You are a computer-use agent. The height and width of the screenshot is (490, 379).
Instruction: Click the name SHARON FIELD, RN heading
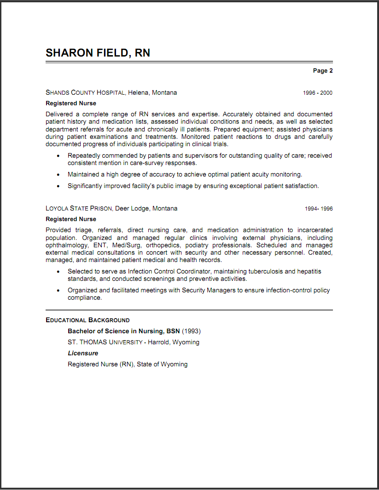[x=98, y=53]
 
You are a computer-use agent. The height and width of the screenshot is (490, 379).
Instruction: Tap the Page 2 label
[x=322, y=71]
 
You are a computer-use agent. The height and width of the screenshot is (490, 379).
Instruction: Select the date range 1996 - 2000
[x=317, y=93]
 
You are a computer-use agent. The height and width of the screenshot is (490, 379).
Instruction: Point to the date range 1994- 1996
[x=318, y=209]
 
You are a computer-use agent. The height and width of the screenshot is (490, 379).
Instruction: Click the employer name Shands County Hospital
[x=85, y=93]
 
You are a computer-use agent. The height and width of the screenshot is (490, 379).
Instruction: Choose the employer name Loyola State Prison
[x=79, y=209]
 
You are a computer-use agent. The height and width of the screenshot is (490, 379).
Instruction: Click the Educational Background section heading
[x=87, y=320]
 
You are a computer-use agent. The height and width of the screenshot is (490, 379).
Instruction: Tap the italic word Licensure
[x=83, y=353]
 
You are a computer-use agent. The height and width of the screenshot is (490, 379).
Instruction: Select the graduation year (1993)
[x=191, y=331]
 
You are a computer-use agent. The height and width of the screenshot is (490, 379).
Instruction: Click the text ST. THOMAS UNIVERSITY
[x=105, y=342]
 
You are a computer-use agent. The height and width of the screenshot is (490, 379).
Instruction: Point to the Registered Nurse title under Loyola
[x=71, y=219]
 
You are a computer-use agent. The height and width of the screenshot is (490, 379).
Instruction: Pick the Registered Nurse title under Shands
[x=71, y=103]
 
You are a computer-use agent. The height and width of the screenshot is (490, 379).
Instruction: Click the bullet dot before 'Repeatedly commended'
[x=58, y=156]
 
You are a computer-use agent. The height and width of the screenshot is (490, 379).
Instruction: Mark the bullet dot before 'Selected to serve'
[x=58, y=272]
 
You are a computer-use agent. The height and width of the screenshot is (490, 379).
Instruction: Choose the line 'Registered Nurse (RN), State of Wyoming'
[x=128, y=365]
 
